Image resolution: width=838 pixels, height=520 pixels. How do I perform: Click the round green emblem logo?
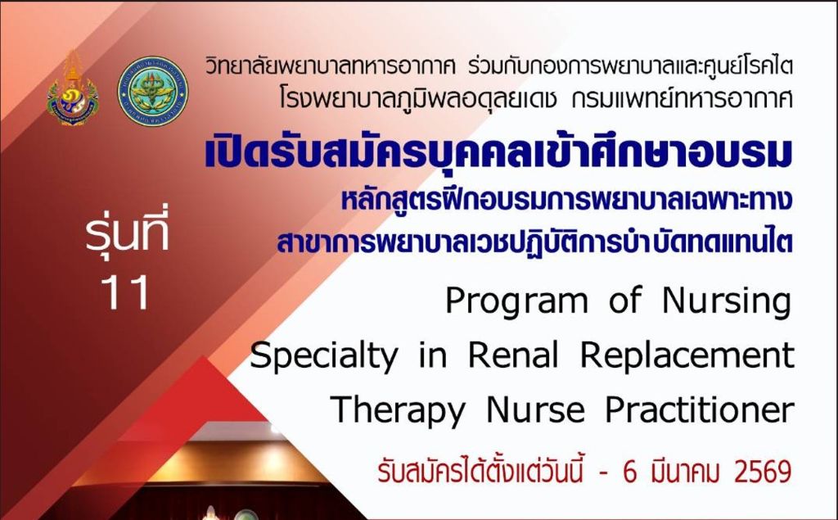(152, 91)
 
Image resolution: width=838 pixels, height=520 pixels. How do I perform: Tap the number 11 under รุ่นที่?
(124, 293)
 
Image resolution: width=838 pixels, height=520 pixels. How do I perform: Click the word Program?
(517, 302)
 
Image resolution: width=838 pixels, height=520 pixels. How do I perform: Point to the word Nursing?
(727, 302)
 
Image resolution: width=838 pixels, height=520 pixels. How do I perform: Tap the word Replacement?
(687, 355)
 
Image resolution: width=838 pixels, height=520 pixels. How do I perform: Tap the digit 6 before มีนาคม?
(630, 472)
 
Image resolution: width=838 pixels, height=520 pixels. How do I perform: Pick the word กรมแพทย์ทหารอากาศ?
(682, 99)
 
